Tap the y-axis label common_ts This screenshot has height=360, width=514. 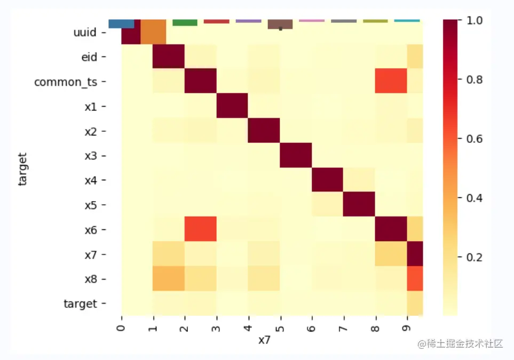pyautogui.click(x=66, y=82)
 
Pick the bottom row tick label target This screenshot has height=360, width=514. pyautogui.click(x=81, y=304)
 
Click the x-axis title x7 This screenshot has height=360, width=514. pyautogui.click(x=264, y=340)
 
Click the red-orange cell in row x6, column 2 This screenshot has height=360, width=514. pyautogui.click(x=201, y=229)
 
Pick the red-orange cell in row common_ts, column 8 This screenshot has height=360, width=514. pyautogui.click(x=391, y=81)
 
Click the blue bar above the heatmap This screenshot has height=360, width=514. pyautogui.click(x=121, y=23)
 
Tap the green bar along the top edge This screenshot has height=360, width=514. pyautogui.click(x=185, y=22)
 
